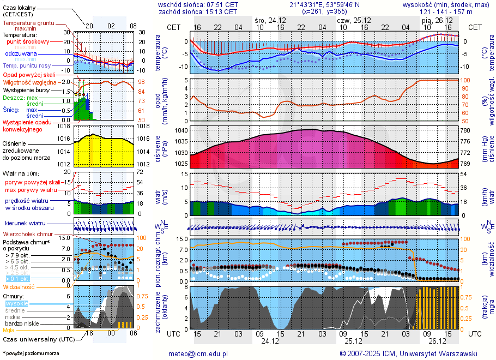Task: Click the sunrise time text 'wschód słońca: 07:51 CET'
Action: [x=198, y=4]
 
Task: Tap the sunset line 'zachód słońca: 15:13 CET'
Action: [x=198, y=11]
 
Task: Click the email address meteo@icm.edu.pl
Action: [x=198, y=353]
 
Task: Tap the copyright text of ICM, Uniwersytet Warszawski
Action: [x=408, y=353]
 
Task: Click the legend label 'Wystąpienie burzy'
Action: [x=26, y=89]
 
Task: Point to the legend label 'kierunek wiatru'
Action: [x=25, y=224]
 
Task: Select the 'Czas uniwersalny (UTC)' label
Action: [x=38, y=339]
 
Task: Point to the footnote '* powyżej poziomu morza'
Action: [x=31, y=353]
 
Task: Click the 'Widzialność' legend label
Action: [x=19, y=286]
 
